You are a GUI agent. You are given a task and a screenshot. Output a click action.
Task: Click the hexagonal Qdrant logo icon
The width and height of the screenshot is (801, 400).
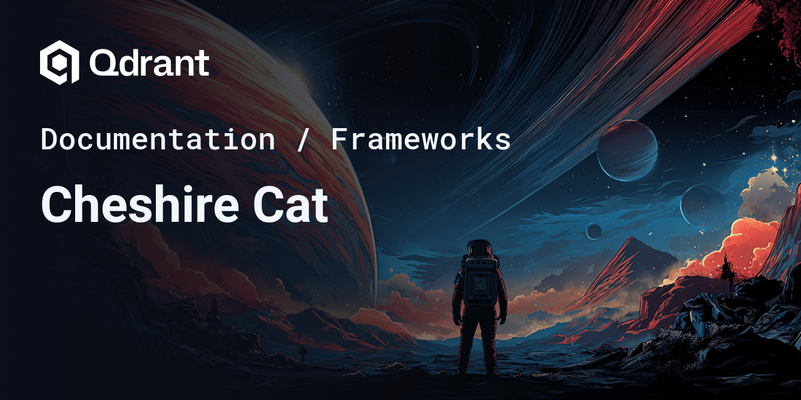tap(59, 62)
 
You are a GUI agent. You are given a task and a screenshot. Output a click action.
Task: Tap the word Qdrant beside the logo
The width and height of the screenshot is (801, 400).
tap(150, 63)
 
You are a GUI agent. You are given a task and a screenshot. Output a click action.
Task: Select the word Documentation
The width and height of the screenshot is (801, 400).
tap(158, 139)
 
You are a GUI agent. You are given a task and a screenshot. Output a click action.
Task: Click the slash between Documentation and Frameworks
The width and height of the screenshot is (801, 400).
tap(302, 139)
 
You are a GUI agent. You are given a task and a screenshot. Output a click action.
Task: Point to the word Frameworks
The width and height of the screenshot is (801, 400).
tap(421, 139)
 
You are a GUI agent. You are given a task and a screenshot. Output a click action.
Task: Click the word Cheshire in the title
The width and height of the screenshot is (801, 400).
tap(140, 204)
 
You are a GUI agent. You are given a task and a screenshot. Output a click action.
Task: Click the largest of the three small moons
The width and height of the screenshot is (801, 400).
tap(627, 151)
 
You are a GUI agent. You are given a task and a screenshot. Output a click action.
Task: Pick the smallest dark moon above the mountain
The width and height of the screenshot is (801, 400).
tap(594, 231)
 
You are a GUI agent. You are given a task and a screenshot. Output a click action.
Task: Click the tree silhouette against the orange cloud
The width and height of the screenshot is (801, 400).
tap(727, 269)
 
